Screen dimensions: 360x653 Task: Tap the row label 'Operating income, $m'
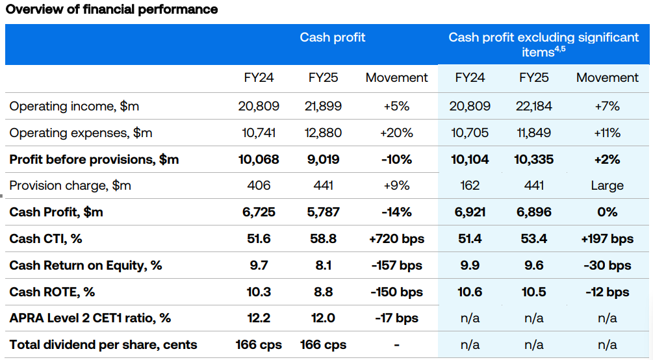tap(74, 106)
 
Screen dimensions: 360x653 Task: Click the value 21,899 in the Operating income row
tap(323, 106)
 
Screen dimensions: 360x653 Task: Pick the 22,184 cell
tap(533, 106)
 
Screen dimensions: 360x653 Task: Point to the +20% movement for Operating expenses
tap(396, 133)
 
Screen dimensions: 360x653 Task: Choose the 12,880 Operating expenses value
tap(323, 133)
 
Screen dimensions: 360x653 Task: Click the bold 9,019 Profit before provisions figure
tap(323, 159)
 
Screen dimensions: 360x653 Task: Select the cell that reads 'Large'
tap(607, 186)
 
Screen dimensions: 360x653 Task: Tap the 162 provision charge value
tap(470, 186)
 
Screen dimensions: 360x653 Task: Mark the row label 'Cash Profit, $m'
tap(56, 212)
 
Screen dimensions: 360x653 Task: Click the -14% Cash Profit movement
tap(396, 212)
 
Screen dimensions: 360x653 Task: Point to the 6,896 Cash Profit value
tap(533, 212)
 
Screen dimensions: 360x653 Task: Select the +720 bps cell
tap(396, 239)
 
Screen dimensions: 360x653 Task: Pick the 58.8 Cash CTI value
tap(323, 239)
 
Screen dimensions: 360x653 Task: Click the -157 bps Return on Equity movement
tap(396, 265)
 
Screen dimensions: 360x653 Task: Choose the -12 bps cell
tap(607, 292)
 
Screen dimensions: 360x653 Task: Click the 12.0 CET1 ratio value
tap(323, 318)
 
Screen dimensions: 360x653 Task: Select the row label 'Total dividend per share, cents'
tap(103, 345)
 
